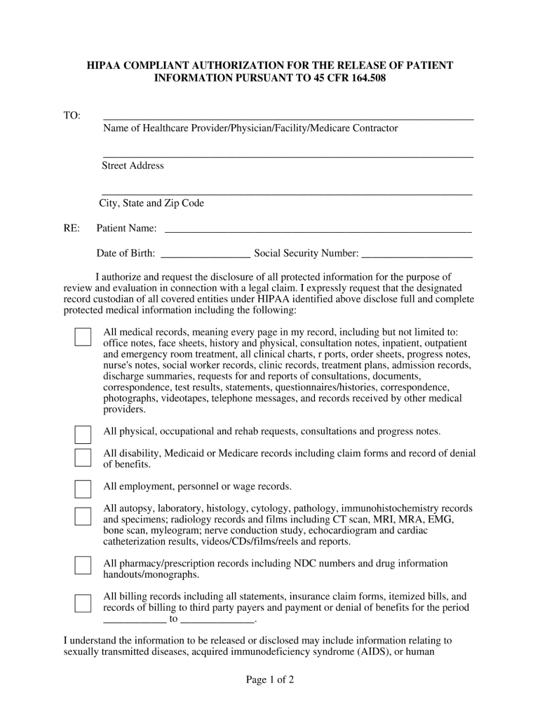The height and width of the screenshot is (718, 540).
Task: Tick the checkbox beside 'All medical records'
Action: pos(83,337)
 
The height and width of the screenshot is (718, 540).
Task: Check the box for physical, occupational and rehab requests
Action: pos(83,435)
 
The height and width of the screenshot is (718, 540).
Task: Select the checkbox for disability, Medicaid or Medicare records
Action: pos(83,458)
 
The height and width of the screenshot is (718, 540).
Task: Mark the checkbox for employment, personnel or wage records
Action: pos(83,489)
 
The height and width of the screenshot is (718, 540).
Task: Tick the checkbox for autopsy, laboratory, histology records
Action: pos(83,517)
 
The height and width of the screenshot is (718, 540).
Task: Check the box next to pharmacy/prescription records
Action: pos(83,566)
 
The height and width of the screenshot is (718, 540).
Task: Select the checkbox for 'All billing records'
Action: pos(83,603)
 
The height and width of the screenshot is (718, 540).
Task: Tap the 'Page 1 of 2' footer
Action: pos(269,679)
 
